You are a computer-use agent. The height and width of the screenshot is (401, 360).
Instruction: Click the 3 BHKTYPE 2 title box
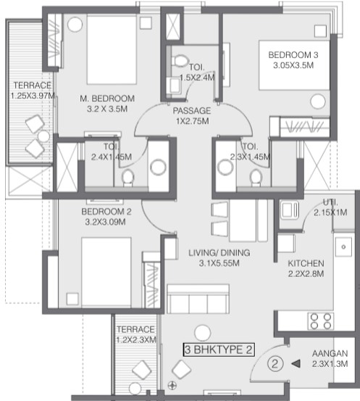coord(219,350)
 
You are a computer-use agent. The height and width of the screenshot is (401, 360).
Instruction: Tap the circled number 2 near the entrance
coord(275,363)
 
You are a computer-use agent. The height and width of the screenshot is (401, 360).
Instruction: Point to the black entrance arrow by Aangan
coord(296,363)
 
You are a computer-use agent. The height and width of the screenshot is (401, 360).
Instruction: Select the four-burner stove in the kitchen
coord(321,321)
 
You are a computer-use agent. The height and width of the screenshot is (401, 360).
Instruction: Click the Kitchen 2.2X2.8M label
coord(306,268)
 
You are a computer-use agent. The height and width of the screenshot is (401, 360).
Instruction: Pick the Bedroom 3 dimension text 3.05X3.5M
coord(293,65)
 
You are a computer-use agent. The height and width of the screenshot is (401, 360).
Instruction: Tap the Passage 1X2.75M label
coord(192,116)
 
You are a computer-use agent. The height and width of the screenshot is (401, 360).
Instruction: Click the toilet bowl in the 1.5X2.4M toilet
coord(180,61)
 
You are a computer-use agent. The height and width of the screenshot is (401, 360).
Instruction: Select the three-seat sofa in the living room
coord(198,299)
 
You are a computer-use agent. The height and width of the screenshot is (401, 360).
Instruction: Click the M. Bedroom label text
coord(107,99)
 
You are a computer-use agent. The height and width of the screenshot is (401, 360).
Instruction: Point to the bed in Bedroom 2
coord(106,272)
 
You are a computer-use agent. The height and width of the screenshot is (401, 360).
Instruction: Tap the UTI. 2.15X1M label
coord(330,207)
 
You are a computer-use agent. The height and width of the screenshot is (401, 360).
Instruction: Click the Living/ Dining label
coord(219,252)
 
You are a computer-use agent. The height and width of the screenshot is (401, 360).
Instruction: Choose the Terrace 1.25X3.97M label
coord(33,91)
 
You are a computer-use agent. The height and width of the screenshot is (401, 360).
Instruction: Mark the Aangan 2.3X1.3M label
coord(330,358)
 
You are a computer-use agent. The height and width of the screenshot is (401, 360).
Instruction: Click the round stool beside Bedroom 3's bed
coord(318,102)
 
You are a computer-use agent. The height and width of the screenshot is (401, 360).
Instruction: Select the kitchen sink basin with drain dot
coord(343,247)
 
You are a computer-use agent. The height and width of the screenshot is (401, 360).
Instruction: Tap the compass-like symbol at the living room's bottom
coord(172,385)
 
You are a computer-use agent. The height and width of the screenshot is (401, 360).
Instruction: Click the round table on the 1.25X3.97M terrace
coord(43,136)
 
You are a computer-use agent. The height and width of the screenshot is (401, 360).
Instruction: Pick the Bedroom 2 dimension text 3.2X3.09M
coord(105,222)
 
